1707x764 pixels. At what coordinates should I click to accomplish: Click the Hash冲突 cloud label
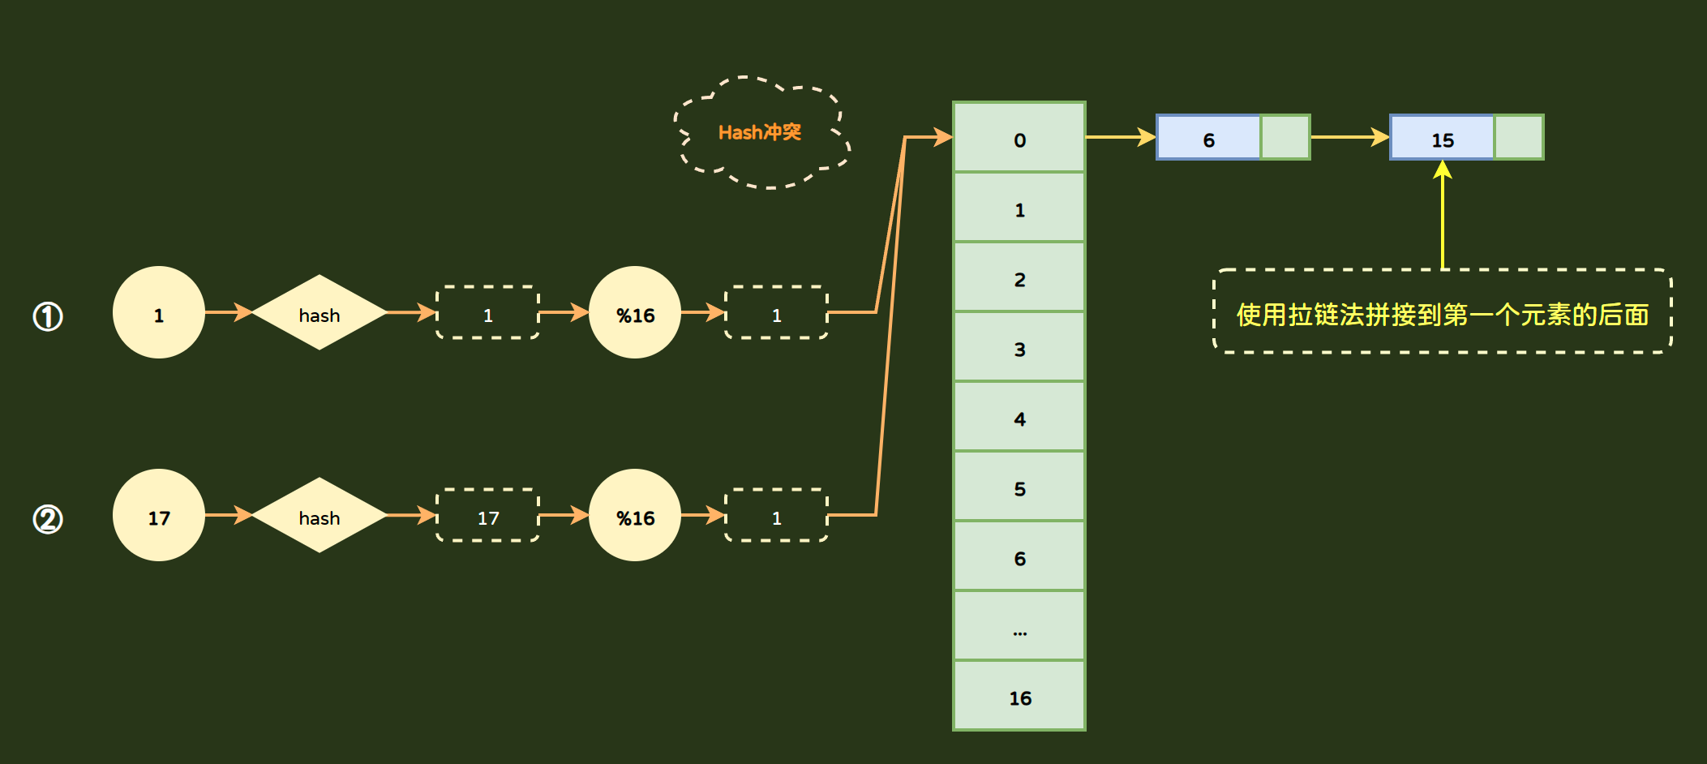coord(760,132)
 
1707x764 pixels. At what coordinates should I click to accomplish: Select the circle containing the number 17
coord(159,515)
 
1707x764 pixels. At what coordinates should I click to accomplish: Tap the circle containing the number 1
coord(159,312)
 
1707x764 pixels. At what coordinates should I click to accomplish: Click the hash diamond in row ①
coord(320,312)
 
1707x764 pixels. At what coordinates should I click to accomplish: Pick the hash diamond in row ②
coord(320,515)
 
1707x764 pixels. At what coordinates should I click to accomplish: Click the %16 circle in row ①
coord(635,312)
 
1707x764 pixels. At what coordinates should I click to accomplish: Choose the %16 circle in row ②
coord(635,515)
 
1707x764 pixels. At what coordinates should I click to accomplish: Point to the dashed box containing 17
coord(488,515)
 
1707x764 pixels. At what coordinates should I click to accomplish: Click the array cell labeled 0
coord(1019,138)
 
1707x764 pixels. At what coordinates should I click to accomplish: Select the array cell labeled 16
coord(1019,696)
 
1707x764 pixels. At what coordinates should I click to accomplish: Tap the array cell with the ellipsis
coord(1019,626)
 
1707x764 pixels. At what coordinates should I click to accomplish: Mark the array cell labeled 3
coord(1019,347)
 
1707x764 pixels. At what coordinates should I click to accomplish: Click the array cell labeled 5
coord(1019,487)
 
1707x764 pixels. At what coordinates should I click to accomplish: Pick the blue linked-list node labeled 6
coord(1208,138)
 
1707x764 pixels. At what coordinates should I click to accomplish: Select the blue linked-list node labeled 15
coord(1442,138)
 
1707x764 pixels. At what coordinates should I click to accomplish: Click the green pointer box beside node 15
coord(1519,138)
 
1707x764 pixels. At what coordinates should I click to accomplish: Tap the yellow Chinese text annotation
coord(1442,314)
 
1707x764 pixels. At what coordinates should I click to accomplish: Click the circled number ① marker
coord(48,316)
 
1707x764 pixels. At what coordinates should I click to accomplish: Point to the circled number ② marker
coord(48,519)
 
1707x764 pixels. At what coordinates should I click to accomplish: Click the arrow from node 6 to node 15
coord(1349,137)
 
